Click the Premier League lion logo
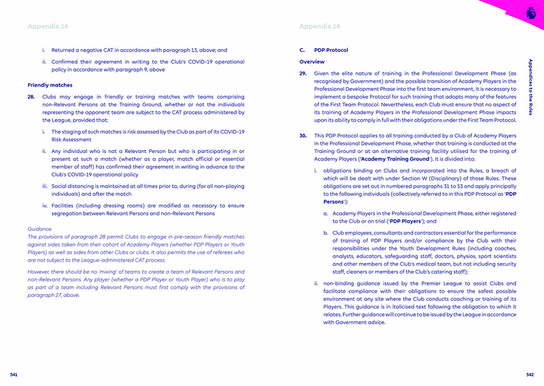click(531, 12)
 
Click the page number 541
click(13, 374)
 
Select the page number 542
click(529, 374)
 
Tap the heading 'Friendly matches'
click(50, 85)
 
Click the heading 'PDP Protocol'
click(331, 50)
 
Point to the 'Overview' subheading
click(312, 62)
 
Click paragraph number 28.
click(31, 97)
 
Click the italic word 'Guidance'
click(40, 229)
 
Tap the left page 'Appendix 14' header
click(47, 26)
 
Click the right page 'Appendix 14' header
click(319, 26)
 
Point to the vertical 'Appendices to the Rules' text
click(530, 88)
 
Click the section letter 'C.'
click(302, 50)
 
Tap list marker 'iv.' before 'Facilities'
click(45, 205)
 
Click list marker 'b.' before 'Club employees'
click(326, 233)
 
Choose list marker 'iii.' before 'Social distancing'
click(45, 186)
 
